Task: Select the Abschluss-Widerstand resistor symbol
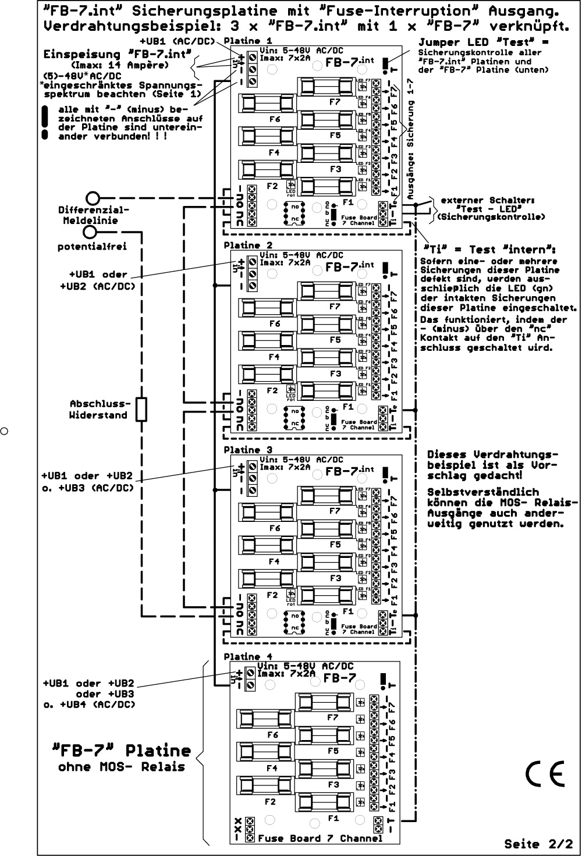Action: (x=141, y=410)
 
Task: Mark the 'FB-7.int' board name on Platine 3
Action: (x=349, y=472)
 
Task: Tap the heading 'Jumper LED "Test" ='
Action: (x=483, y=42)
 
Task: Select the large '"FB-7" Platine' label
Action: (x=122, y=751)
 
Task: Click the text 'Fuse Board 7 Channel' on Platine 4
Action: (x=320, y=838)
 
